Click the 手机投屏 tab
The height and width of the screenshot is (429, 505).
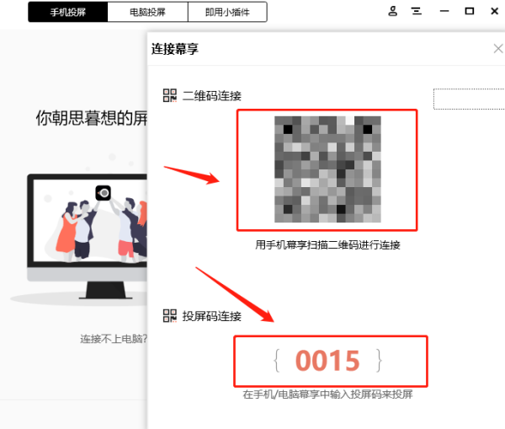68,12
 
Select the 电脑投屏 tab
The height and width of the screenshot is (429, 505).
147,12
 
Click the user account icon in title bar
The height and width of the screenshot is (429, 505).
393,11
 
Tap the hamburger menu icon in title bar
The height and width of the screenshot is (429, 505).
417,11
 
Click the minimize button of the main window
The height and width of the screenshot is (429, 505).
444,11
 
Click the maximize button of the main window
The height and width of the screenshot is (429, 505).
469,11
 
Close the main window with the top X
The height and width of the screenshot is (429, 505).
493,11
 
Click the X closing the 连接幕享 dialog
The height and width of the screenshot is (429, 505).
497,50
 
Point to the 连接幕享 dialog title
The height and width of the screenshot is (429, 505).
175,50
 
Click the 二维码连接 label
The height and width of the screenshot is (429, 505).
211,96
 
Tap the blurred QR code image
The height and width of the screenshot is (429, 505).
327,169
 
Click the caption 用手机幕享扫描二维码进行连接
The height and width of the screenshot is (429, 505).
327,245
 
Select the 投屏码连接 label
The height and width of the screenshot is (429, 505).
211,316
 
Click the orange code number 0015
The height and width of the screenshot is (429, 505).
327,361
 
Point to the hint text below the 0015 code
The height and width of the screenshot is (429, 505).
327,394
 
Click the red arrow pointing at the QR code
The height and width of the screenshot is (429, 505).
192,174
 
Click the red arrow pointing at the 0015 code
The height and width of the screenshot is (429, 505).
236,295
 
